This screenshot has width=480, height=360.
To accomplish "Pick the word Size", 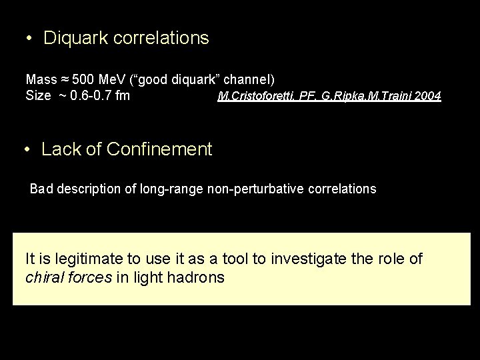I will click(x=38, y=95).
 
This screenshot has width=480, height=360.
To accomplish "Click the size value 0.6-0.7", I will click(x=91, y=95).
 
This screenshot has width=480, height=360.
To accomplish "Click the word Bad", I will click(x=41, y=189).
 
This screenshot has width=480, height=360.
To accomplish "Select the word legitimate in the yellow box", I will click(x=85, y=258).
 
